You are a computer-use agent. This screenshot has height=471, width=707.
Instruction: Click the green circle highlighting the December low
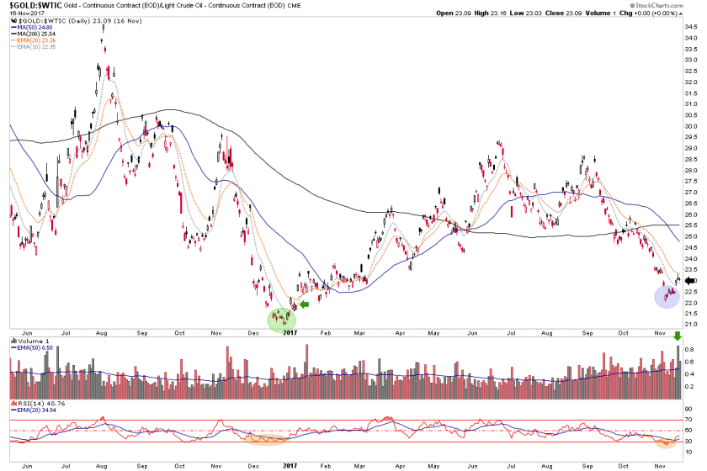[283, 320]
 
